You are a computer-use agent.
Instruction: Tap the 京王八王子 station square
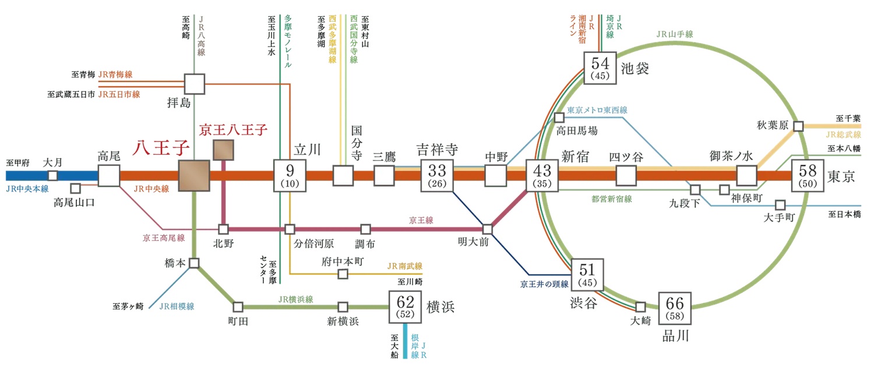pos(224,150)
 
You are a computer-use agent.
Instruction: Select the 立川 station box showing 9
pos(289,175)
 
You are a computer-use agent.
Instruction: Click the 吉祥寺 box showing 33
pos(436,175)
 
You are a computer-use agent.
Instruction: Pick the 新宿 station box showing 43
pos(542,175)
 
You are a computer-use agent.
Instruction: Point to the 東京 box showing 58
pos(807,175)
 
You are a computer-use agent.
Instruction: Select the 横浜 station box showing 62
pos(405,307)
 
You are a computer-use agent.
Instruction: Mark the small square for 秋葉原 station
pos(798,126)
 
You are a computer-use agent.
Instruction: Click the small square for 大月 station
pos(53,175)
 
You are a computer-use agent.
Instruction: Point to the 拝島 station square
pos(194,84)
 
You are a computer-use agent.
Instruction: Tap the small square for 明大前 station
pos(488,229)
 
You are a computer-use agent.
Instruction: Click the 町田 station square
pos(238,307)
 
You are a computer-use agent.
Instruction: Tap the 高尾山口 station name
pos(73,203)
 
